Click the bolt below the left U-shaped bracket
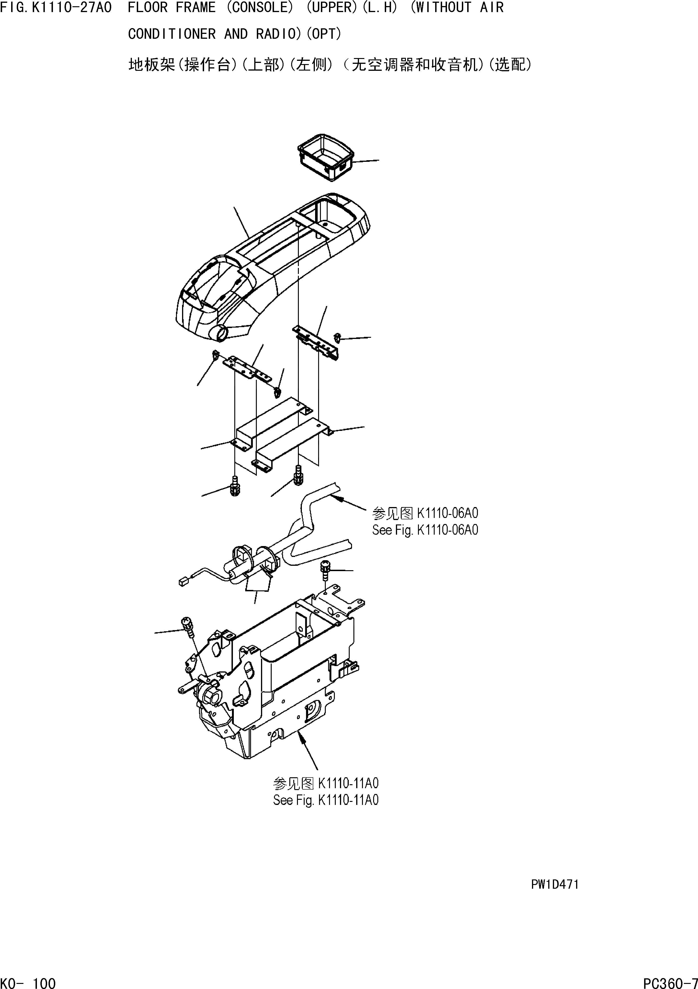[235, 486]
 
